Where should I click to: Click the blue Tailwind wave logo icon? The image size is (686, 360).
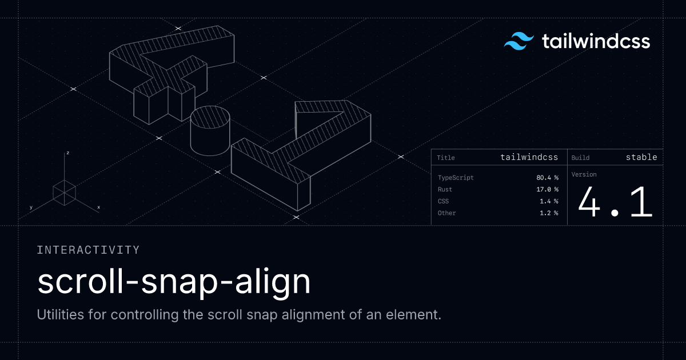pos(519,41)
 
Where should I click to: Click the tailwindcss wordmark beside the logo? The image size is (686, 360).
pos(596,41)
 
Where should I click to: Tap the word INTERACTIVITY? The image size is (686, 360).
pos(88,250)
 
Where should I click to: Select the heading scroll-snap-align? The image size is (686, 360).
pos(174,282)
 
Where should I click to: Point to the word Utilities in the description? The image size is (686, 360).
pos(61,314)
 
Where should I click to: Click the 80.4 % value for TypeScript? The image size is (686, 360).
pos(547,178)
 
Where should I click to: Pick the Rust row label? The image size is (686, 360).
pos(445,189)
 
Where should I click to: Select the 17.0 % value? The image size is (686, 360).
pos(547,189)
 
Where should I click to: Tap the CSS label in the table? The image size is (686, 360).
pos(443,201)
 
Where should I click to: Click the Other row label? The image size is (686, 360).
pos(446,213)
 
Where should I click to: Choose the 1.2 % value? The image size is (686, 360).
pos(549,213)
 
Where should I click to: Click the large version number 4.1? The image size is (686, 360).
pos(615,202)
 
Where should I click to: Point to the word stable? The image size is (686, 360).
pos(641,157)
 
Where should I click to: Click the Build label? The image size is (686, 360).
pos(580,158)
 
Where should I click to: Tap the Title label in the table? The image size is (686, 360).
pos(445,158)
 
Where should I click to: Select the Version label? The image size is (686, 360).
pos(584,174)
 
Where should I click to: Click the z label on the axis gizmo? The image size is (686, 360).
pos(67,153)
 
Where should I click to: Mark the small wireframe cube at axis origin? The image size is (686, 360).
pos(64,193)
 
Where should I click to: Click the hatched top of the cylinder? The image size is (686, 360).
pos(210,117)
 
